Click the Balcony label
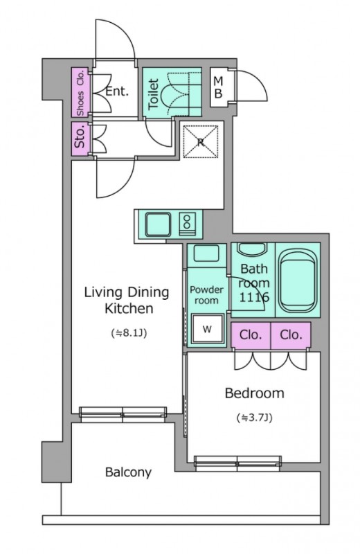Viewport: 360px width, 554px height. click(128, 472)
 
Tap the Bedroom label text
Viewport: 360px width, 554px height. click(254, 393)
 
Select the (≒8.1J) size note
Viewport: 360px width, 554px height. click(129, 333)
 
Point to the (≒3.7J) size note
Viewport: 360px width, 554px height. click(254, 418)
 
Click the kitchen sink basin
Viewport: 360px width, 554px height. click(159, 224)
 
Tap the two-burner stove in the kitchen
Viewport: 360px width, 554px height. click(187, 224)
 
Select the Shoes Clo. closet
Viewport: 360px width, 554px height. click(80, 92)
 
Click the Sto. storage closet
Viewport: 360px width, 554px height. click(80, 138)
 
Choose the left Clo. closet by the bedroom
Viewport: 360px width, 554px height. click(251, 335)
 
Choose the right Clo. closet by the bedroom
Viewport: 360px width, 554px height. click(291, 335)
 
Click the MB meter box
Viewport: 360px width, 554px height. click(219, 87)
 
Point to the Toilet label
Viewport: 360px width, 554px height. click(153, 94)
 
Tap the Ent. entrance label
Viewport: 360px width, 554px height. click(117, 91)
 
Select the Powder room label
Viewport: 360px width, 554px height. click(207, 295)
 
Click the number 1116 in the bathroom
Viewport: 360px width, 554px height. click(254, 297)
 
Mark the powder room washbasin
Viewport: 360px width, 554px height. click(207, 253)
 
